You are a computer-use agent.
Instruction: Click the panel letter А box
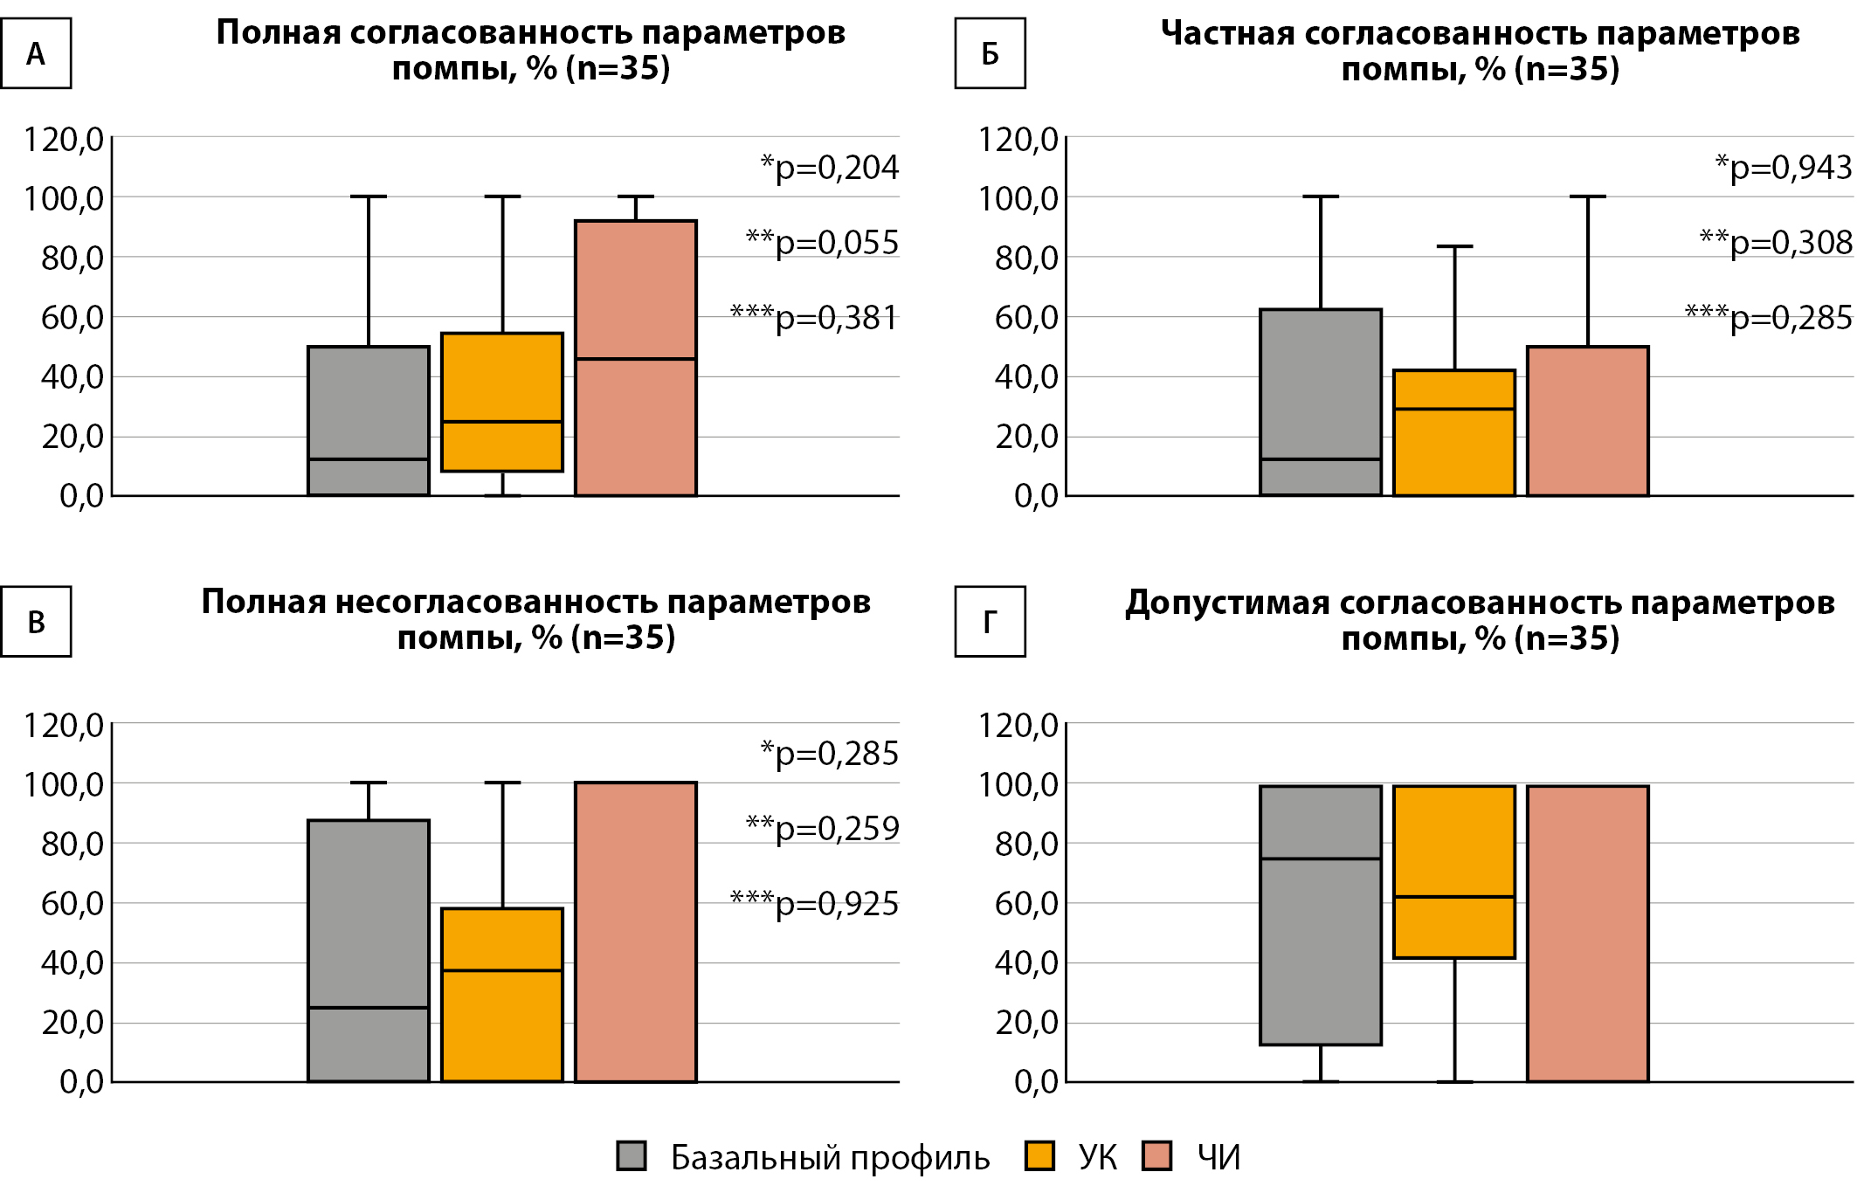coord(36,54)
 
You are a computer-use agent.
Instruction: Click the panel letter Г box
coord(990,622)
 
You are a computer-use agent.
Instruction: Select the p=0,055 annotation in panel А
coord(823,243)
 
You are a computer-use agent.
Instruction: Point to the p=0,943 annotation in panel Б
coord(1784,168)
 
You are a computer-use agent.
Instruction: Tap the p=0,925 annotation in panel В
coord(815,904)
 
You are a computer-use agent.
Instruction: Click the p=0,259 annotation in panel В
coord(823,829)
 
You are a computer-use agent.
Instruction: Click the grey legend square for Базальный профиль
coord(632,1155)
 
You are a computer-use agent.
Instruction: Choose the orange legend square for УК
coord(1039,1155)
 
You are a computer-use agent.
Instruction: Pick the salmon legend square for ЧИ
coord(1157,1155)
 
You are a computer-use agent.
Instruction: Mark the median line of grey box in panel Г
coord(1321,858)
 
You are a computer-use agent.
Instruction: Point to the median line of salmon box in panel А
coord(636,359)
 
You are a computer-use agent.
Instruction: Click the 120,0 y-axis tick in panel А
coord(64,140)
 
